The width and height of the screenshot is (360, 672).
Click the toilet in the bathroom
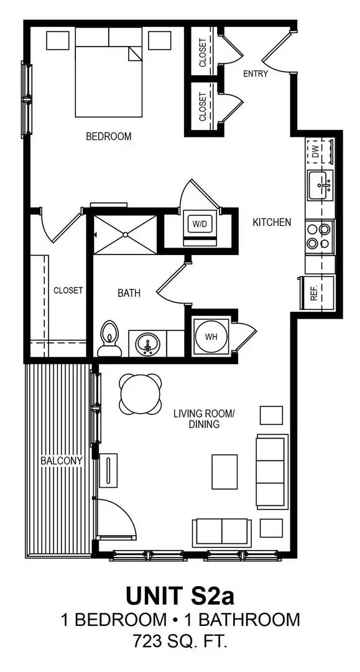[109, 340]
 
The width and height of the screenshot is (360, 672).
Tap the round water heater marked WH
[211, 337]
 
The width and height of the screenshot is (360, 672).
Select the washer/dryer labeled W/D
[200, 224]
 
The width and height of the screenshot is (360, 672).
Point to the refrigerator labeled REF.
[316, 292]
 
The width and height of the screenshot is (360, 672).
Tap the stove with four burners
[320, 235]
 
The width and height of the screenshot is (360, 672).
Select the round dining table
[141, 394]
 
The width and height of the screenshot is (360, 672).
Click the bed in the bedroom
[108, 72]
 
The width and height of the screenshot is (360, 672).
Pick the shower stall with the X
[125, 235]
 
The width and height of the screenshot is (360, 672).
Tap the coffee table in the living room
[224, 472]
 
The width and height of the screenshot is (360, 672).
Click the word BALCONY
[62, 461]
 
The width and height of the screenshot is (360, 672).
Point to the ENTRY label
[256, 73]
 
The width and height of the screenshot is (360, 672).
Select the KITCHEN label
[272, 222]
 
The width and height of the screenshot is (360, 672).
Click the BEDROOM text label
[109, 136]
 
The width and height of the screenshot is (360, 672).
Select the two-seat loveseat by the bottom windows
[222, 532]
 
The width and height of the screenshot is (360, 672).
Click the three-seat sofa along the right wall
[272, 472]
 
